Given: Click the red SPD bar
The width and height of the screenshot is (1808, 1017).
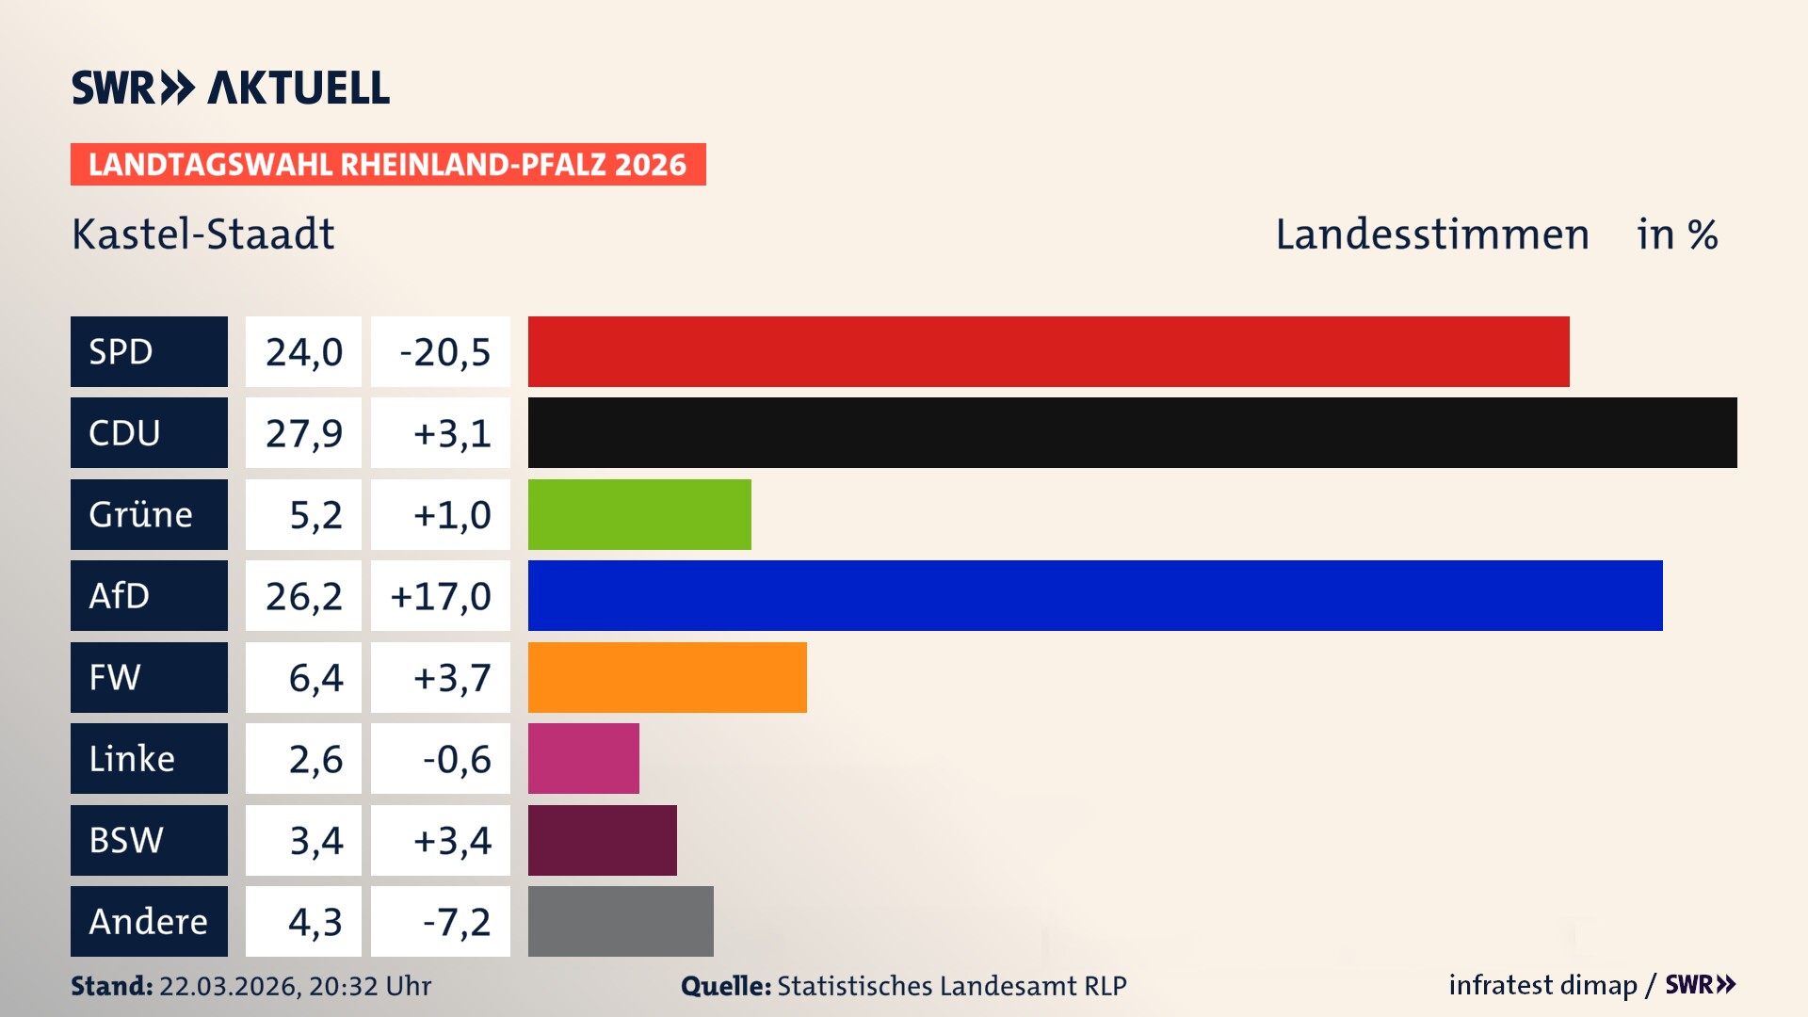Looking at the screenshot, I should pyautogui.click(x=1048, y=351).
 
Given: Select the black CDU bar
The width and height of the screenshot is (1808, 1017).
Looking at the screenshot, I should pyautogui.click(x=1132, y=432).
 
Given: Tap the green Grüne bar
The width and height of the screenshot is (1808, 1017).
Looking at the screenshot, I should pyautogui.click(x=639, y=514).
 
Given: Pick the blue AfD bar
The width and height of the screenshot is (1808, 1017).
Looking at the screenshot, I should pyautogui.click(x=1095, y=595).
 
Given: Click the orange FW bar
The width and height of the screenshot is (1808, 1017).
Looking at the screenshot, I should pyautogui.click(x=667, y=677).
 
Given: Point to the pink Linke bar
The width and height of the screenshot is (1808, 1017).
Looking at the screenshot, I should pyautogui.click(x=583, y=758).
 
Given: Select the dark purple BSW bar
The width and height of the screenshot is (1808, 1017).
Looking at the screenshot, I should pyautogui.click(x=602, y=840).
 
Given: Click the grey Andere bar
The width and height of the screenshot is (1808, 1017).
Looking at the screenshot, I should pyautogui.click(x=621, y=921).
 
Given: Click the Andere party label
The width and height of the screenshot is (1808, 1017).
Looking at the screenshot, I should pyautogui.click(x=149, y=921).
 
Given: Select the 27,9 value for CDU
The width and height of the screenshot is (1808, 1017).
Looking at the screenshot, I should pyautogui.click(x=303, y=433).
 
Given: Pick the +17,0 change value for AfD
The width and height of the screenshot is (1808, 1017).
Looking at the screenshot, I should pyautogui.click(x=441, y=595).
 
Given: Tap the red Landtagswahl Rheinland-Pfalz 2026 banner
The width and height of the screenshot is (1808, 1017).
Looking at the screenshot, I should pyautogui.click(x=388, y=164).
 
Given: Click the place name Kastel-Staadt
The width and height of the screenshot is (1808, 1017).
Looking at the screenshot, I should pyautogui.click(x=203, y=234).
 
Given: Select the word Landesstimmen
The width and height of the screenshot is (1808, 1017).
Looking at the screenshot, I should pyautogui.click(x=1431, y=234).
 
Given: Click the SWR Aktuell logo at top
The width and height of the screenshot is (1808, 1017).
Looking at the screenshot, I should pyautogui.click(x=231, y=88).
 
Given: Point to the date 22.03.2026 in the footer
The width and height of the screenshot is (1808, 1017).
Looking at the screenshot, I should pyautogui.click(x=229, y=986).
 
